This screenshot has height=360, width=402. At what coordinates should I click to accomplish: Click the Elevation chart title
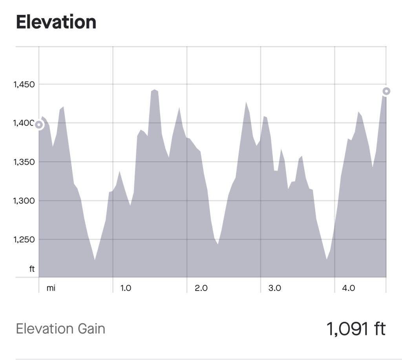[x=56, y=22]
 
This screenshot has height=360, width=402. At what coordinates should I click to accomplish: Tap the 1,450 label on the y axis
[x=24, y=84]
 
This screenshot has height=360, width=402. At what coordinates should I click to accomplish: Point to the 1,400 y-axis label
[x=23, y=123]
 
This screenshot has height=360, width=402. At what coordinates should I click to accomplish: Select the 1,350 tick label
[x=24, y=162]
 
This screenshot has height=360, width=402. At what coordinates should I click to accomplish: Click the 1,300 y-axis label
[x=24, y=201]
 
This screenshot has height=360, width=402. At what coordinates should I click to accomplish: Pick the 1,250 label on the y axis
[x=24, y=240]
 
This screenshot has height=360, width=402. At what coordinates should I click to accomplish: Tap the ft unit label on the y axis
[x=32, y=269]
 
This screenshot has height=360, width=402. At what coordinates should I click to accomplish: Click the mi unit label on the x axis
[x=51, y=288]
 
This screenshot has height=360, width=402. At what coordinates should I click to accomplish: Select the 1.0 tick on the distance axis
[x=126, y=288]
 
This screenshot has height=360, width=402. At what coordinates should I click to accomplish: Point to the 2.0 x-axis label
[x=201, y=288]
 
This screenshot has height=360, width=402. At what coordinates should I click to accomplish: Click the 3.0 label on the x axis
[x=275, y=288]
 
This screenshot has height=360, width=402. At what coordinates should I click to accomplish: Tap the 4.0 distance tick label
[x=349, y=288]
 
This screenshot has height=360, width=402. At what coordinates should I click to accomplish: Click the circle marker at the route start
[x=39, y=125]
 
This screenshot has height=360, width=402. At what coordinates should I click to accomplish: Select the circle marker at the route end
[x=386, y=91]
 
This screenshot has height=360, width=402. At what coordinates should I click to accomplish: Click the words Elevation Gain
[x=60, y=329]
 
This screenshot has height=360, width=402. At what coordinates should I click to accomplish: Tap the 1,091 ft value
[x=356, y=329]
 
